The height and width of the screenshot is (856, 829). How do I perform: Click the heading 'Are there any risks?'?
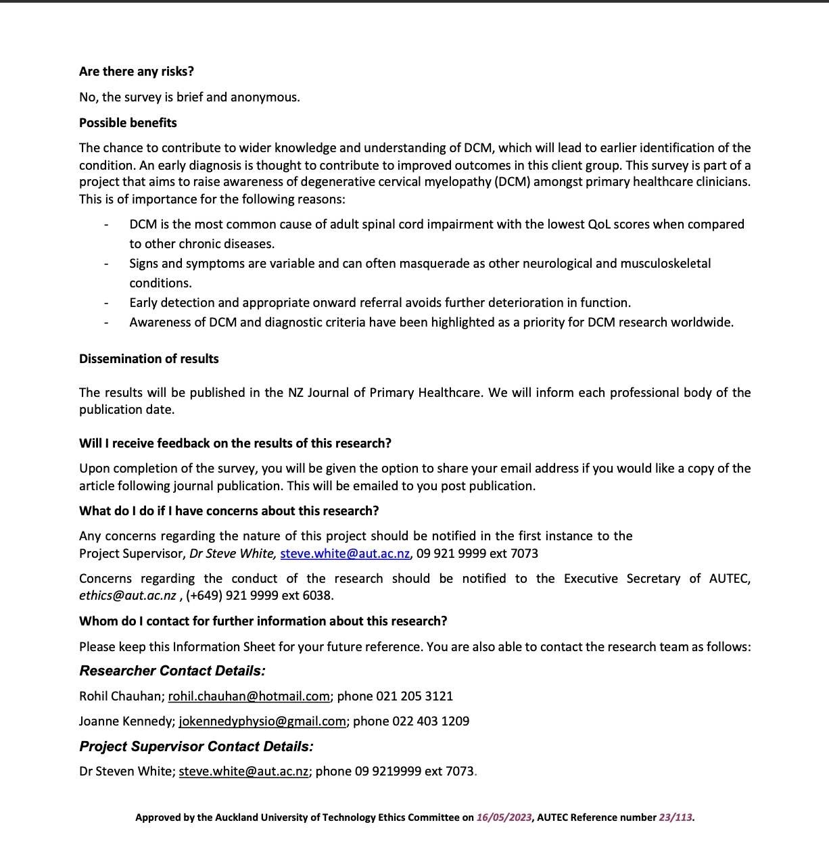click(137, 72)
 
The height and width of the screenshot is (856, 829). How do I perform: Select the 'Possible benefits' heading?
click(128, 123)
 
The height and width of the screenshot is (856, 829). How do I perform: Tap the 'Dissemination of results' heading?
click(149, 359)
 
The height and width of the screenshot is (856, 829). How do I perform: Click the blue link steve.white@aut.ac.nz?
click(345, 554)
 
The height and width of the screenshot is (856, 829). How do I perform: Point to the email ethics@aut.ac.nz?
click(128, 596)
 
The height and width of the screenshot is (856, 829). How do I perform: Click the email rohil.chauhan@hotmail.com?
click(249, 696)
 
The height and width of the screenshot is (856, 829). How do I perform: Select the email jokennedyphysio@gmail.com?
click(262, 721)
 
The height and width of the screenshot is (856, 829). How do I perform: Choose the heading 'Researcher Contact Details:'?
click(172, 671)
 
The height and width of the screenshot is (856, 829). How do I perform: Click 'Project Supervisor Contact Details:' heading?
click(196, 746)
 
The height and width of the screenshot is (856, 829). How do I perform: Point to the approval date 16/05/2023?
click(504, 817)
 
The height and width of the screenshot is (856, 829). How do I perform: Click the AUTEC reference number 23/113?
click(676, 817)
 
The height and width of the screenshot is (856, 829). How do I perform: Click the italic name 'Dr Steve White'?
click(231, 554)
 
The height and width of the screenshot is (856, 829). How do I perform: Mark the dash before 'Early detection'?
click(106, 303)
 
